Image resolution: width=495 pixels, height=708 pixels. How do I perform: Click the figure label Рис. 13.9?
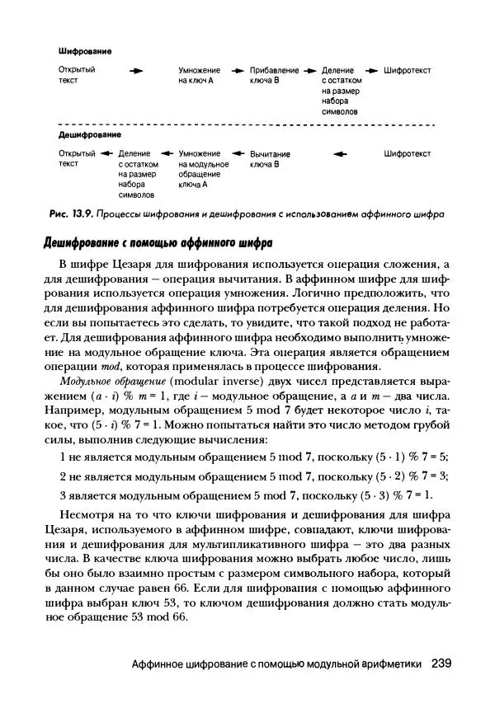(x=70, y=214)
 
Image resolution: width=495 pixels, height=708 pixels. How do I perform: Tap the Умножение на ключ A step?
(x=199, y=76)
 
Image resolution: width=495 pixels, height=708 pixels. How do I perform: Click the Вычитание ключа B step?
(x=270, y=159)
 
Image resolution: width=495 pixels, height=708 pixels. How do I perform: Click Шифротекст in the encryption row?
(x=408, y=71)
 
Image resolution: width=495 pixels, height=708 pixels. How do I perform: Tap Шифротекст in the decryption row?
(x=408, y=153)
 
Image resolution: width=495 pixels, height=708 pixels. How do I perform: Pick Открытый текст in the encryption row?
(x=77, y=76)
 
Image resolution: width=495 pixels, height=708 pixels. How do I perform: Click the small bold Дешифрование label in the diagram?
(x=89, y=134)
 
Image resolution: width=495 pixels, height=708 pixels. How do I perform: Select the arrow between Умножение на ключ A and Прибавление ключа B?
(x=238, y=71)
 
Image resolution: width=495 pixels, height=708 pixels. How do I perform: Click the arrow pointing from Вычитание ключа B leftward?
(x=237, y=153)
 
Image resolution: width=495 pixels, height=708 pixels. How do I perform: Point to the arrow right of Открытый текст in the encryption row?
(x=136, y=71)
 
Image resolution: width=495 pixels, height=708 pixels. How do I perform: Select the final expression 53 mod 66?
(x=163, y=620)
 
